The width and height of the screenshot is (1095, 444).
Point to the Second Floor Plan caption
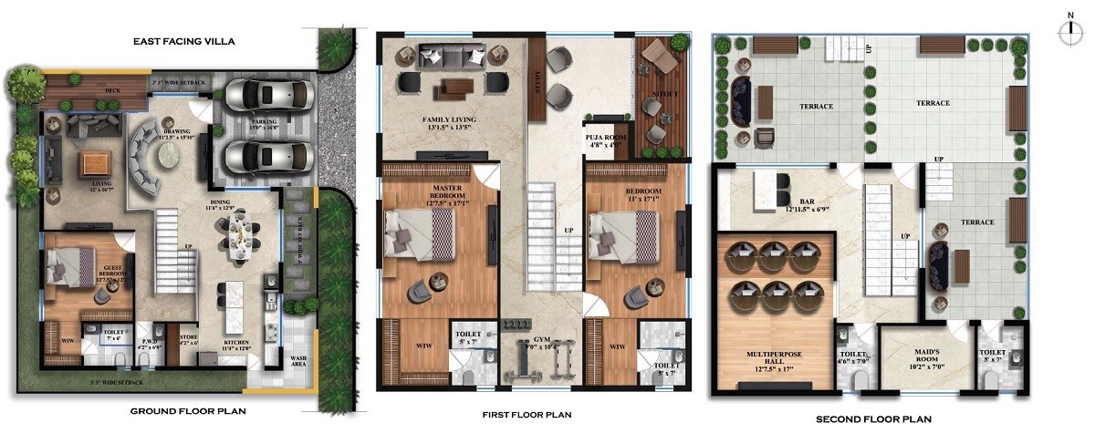[x=873, y=419]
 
